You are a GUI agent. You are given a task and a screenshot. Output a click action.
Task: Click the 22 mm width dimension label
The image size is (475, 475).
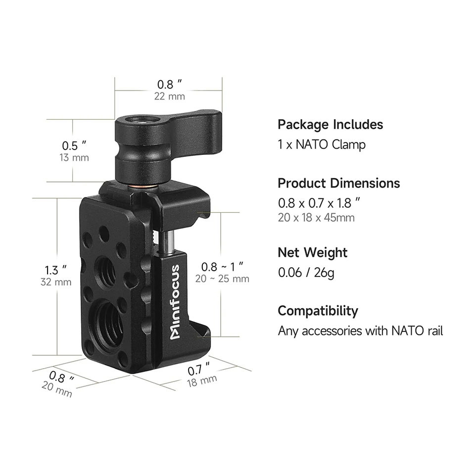tap(169, 96)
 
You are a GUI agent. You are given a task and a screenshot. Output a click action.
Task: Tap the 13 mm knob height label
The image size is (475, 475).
tap(74, 157)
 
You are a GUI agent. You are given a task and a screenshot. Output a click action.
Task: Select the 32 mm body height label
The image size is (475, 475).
tap(56, 282)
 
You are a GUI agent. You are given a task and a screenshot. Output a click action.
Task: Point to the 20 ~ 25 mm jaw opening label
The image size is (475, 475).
tap(222, 279)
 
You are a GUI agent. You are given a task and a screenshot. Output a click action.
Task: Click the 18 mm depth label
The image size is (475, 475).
tap(202, 381)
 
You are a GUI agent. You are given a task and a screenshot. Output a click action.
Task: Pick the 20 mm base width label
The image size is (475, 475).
tap(57, 389)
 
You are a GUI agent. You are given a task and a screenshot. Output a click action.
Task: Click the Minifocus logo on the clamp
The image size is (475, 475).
tap(175, 302)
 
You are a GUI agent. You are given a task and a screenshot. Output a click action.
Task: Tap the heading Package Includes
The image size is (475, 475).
tap(330, 125)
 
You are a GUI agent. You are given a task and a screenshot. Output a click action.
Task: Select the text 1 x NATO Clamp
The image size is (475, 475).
tap(322, 144)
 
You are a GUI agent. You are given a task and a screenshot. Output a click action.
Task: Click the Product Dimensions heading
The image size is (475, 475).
tap(338, 183)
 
